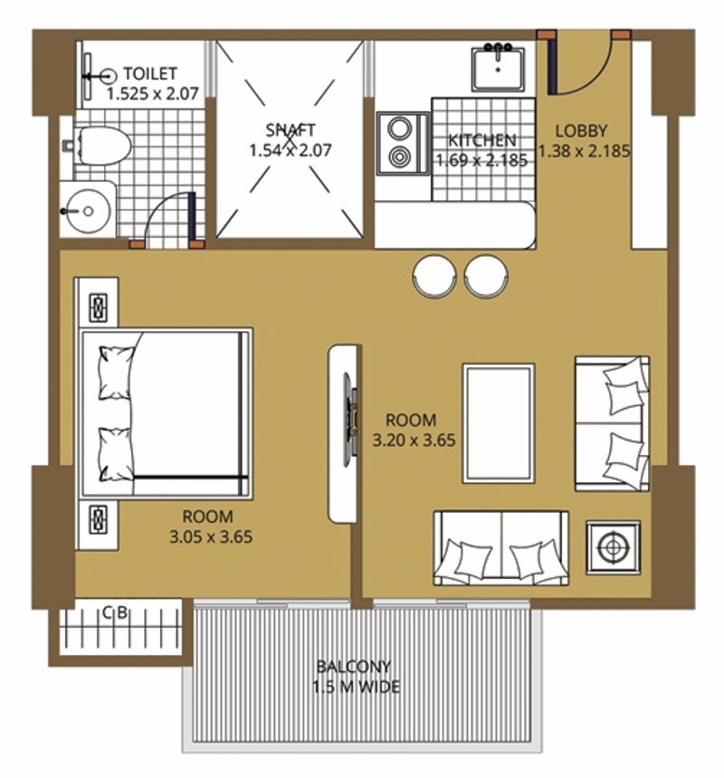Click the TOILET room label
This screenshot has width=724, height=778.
click(x=150, y=74)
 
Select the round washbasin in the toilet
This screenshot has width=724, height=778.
click(x=88, y=212)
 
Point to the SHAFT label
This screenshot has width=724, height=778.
click(x=291, y=130)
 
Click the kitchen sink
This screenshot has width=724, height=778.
click(x=498, y=68)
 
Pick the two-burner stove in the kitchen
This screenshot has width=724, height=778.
click(x=403, y=144)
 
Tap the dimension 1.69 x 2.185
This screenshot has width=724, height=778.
click(x=481, y=160)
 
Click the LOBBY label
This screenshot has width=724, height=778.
click(x=581, y=131)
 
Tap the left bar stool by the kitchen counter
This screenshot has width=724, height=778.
click(x=434, y=276)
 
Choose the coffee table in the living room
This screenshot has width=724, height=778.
click(x=499, y=423)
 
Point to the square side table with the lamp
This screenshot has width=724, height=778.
click(x=614, y=548)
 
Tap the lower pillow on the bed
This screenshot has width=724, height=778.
click(x=115, y=455)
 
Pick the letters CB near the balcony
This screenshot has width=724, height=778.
click(x=115, y=613)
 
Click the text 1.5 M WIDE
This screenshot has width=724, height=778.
click(x=356, y=688)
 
